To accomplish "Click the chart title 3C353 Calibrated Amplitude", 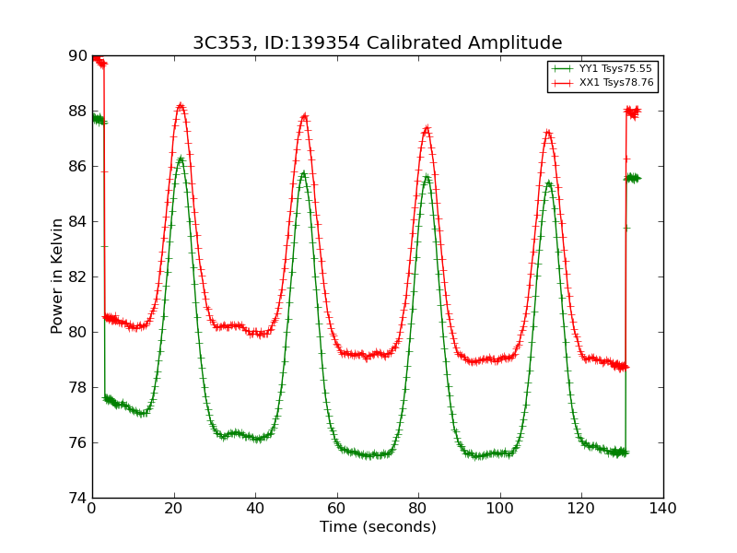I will [x=377, y=43].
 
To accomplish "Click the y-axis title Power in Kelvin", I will [x=58, y=276].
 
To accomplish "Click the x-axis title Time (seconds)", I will [x=378, y=527].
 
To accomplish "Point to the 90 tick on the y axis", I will [x=77, y=56].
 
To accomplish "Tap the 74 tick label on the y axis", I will [x=77, y=498].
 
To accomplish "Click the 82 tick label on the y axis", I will [x=77, y=276].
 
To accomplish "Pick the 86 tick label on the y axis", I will [x=77, y=166].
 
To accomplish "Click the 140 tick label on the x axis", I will [x=663, y=508].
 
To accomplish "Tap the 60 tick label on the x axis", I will [x=337, y=508].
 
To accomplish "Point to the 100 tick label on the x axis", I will [x=500, y=508].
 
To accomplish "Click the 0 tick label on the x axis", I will [x=92, y=508].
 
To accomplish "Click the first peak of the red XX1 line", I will [x=181, y=106].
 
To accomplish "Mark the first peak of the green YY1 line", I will [x=181, y=159].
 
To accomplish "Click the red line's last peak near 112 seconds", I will [x=548, y=133].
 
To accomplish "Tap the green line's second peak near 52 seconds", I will [x=303, y=173].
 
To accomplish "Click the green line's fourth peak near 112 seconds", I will [x=549, y=183].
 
